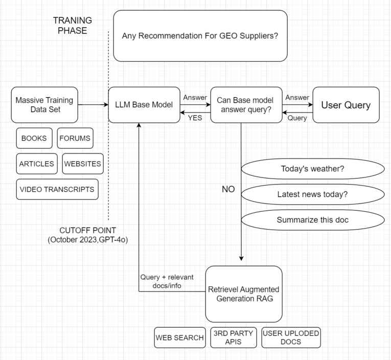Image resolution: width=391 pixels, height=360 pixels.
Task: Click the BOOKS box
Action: pos(34,138)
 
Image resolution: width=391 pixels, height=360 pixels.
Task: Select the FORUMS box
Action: pos(75,138)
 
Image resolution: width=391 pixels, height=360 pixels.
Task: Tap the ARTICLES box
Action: pos(37,164)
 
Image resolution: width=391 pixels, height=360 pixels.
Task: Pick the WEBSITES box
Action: pos(82,164)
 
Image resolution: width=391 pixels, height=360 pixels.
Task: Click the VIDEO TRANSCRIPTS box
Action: pos(57,189)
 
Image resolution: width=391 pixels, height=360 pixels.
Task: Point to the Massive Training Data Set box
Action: pos(44,105)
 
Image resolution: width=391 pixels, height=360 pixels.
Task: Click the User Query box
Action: pos(346,105)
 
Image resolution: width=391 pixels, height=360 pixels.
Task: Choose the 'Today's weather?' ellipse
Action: pos(312,169)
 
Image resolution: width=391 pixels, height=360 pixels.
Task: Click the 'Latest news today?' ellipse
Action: pos(312,194)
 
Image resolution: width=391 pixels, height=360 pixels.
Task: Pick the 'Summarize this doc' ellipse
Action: pos(312,220)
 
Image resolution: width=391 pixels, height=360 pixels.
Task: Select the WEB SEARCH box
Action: pos(179,337)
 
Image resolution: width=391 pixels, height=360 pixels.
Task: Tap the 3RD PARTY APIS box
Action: pos(233,337)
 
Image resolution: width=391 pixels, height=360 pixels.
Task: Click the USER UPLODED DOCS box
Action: pos(291,337)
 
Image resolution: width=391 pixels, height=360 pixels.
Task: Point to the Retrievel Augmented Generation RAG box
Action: pos(244,294)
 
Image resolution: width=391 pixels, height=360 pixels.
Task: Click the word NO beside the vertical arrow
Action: pos(228,189)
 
